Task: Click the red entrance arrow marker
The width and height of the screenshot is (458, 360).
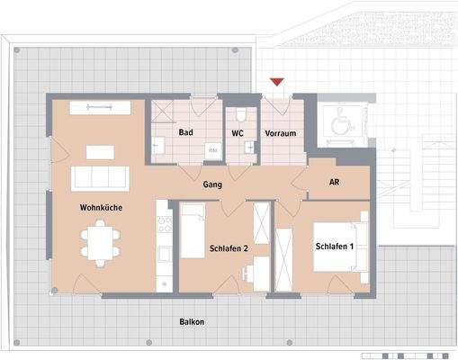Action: [x=277, y=83]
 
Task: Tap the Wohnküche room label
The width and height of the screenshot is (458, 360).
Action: [x=100, y=208]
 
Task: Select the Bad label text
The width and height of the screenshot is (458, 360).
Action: [x=187, y=132]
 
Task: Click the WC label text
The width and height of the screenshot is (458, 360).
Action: [x=238, y=132]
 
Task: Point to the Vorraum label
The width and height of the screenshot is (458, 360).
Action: [x=280, y=132]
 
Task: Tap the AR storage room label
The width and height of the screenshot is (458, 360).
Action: [x=334, y=182]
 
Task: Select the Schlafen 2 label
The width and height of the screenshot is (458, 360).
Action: [x=229, y=247]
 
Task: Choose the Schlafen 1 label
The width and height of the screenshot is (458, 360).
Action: [x=333, y=247]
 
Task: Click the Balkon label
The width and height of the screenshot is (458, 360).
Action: [x=191, y=321]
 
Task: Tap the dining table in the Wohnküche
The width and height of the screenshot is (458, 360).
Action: [x=98, y=242]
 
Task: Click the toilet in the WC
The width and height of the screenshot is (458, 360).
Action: [x=239, y=117]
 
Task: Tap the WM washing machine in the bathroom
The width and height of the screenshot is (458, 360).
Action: [x=213, y=151]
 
